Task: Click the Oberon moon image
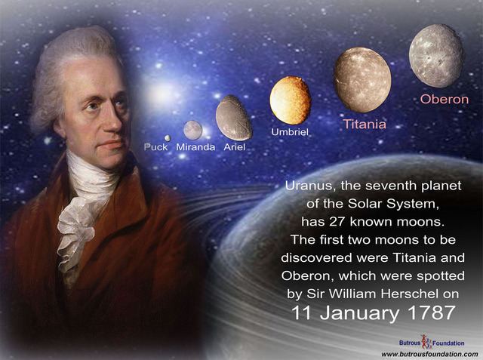point(435,55)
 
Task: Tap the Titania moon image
point(362,80)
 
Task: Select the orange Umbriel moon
point(291,100)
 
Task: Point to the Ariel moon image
point(234,117)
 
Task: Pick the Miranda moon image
point(193,130)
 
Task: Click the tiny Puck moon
point(168,137)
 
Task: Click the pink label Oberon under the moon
point(445,99)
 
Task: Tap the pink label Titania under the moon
point(365,124)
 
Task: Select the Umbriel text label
point(291,133)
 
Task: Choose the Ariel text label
point(235,146)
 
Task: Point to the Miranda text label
point(195,146)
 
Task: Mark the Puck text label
point(156,146)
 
